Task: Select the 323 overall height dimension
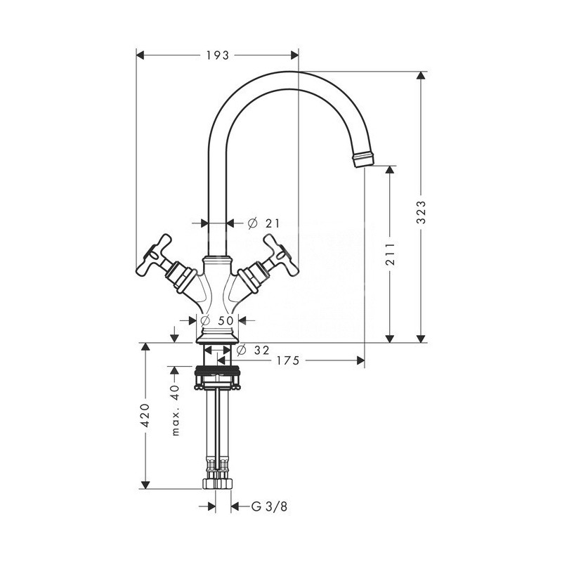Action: click(x=421, y=209)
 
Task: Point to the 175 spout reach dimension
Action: click(x=287, y=360)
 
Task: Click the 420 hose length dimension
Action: click(x=145, y=415)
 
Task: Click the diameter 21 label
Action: click(x=264, y=223)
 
